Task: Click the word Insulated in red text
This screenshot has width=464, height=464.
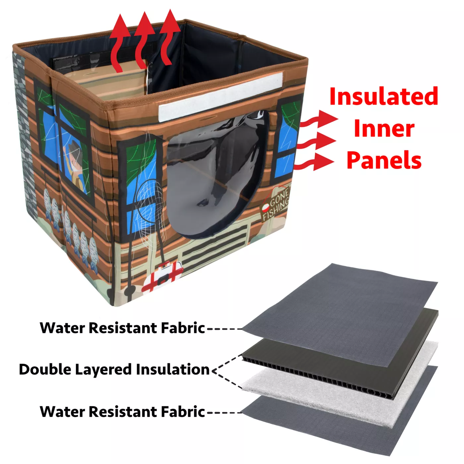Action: tap(383, 96)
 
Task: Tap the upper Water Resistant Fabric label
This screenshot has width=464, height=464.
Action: tap(122, 328)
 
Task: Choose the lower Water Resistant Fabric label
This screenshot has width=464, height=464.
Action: tap(122, 412)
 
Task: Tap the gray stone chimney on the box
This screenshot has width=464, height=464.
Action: tap(24, 135)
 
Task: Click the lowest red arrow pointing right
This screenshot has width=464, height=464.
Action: tap(314, 162)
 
